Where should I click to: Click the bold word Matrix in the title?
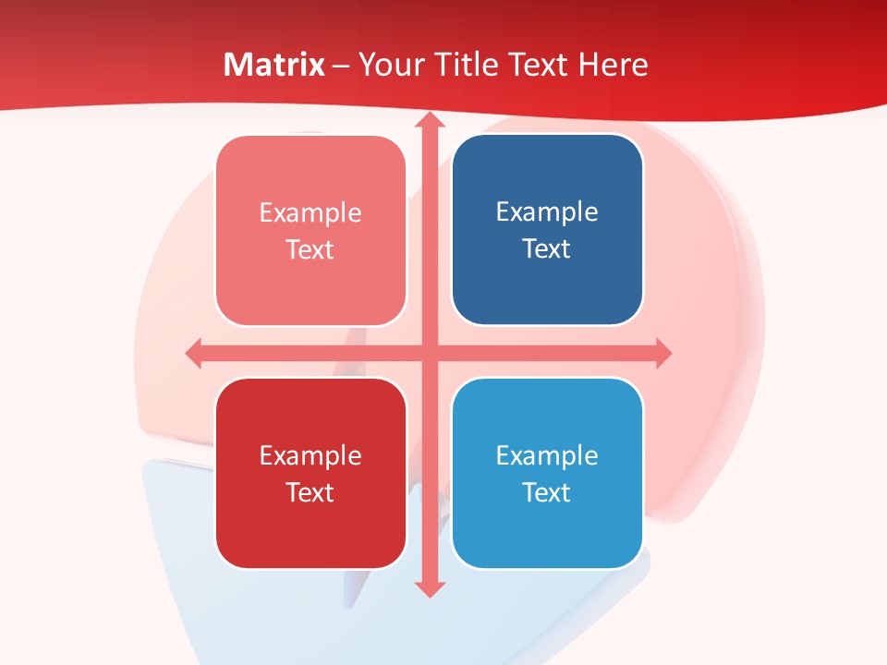pos(274,65)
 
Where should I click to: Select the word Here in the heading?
pos(613,65)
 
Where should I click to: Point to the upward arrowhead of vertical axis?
pos(429,120)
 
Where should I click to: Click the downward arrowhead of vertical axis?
pos(429,588)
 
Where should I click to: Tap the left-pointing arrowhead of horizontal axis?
pos(194,353)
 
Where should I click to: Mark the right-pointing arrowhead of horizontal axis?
pos(662,353)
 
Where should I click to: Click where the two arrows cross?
pos(429,353)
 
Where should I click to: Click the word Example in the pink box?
pos(310,213)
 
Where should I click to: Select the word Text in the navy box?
pos(547,249)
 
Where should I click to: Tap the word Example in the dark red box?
pos(310,455)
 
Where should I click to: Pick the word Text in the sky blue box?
pos(547,492)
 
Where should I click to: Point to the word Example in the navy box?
pos(547,212)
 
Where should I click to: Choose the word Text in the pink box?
pos(310,250)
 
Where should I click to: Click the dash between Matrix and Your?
pos(341,66)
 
